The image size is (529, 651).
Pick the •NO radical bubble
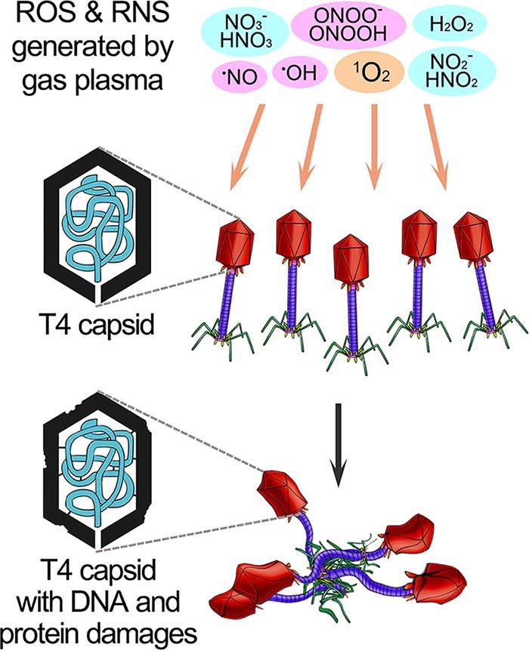pos(237,73)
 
